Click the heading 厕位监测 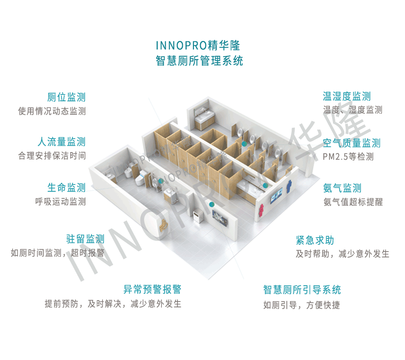click(66, 97)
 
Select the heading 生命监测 click(66, 188)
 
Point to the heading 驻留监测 click(85, 238)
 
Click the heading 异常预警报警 click(152, 289)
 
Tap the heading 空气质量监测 click(352, 143)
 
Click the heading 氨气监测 click(342, 188)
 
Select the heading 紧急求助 click(315, 240)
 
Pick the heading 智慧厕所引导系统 click(302, 289)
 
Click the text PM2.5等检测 click(348, 157)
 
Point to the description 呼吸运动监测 click(60, 202)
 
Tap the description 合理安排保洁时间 click(52, 156)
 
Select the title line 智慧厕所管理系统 click(199, 61)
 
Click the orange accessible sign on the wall click(163, 222)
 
